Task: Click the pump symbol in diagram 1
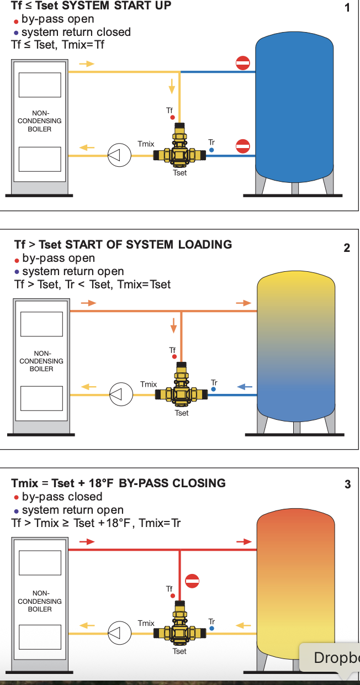point(119,155)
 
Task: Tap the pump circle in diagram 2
point(121,394)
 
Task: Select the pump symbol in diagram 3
point(119,633)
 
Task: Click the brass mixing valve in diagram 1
point(179,147)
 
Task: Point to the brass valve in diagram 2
point(181,386)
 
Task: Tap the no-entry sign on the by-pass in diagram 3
point(192,581)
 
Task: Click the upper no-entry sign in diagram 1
point(243,63)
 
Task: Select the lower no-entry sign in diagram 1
point(243,146)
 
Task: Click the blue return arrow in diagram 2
point(245,387)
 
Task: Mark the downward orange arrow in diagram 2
point(173,325)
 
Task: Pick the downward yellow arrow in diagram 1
point(172,86)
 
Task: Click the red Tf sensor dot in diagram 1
point(172,118)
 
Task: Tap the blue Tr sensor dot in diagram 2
point(213,389)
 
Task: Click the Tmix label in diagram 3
point(146,623)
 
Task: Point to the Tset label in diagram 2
point(182,413)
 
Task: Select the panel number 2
point(347,247)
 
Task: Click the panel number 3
point(348,484)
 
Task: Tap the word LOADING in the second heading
point(205,244)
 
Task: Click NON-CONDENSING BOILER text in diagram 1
point(40,121)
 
